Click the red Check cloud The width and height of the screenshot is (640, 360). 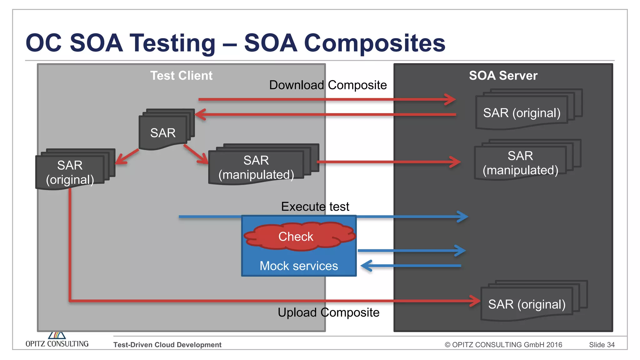point(296,237)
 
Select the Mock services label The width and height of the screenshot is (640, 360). point(299,266)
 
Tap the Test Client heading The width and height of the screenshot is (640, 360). point(181,76)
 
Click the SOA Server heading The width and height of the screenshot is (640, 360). point(503,76)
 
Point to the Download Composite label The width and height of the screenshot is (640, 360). point(328,85)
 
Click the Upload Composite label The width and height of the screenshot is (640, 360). point(328,312)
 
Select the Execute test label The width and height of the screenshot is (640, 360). point(315,207)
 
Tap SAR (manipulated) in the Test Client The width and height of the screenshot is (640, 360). point(256,167)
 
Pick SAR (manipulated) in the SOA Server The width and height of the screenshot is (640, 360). point(520,163)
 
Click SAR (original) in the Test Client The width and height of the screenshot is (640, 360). point(70,172)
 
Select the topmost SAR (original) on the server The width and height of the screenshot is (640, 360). point(522,113)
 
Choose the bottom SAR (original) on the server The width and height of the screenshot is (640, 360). point(527,304)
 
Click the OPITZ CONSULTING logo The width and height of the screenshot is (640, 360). point(57,341)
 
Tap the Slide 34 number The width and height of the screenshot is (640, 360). point(602,345)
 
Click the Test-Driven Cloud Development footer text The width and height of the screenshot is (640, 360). point(167,345)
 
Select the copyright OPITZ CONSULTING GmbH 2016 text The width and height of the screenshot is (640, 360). point(503,345)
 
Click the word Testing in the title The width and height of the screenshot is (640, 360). point(172,43)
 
